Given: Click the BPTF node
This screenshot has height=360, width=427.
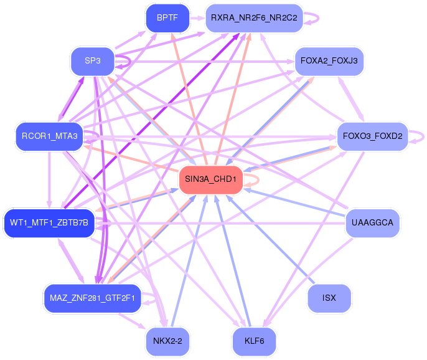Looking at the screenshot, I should click(x=167, y=18).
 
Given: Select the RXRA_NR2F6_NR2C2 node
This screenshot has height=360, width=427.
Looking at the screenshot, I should click(x=254, y=18).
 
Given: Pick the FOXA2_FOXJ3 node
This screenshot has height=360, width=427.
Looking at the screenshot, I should click(x=329, y=61).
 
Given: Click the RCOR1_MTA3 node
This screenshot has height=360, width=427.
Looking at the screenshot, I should click(x=49, y=136).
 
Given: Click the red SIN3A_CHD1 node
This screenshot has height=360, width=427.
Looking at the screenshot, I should click(x=210, y=179).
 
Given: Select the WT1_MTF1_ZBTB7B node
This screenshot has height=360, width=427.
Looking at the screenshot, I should click(x=49, y=222).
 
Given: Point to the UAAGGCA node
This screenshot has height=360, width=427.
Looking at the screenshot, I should click(x=372, y=222).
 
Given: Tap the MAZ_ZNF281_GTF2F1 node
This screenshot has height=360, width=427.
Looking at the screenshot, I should click(x=92, y=297).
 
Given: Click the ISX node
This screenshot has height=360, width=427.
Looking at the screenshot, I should click(x=329, y=298).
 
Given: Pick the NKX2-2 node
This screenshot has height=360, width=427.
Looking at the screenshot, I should click(x=167, y=341).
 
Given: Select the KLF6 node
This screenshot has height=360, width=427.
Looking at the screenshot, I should click(x=254, y=341).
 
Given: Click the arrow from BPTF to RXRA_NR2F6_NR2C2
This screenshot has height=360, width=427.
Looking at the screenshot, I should click(x=197, y=18).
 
